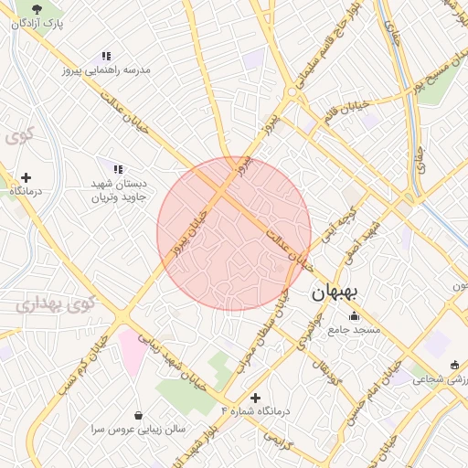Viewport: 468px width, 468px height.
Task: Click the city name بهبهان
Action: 337,292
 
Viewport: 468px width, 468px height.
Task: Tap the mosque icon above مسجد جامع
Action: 354,315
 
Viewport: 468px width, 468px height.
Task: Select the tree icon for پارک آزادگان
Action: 36,9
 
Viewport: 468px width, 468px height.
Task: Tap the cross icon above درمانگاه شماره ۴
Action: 255,398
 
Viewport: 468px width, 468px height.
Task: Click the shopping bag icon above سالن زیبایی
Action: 138,415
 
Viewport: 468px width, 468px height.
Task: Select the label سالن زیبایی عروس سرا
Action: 138,428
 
